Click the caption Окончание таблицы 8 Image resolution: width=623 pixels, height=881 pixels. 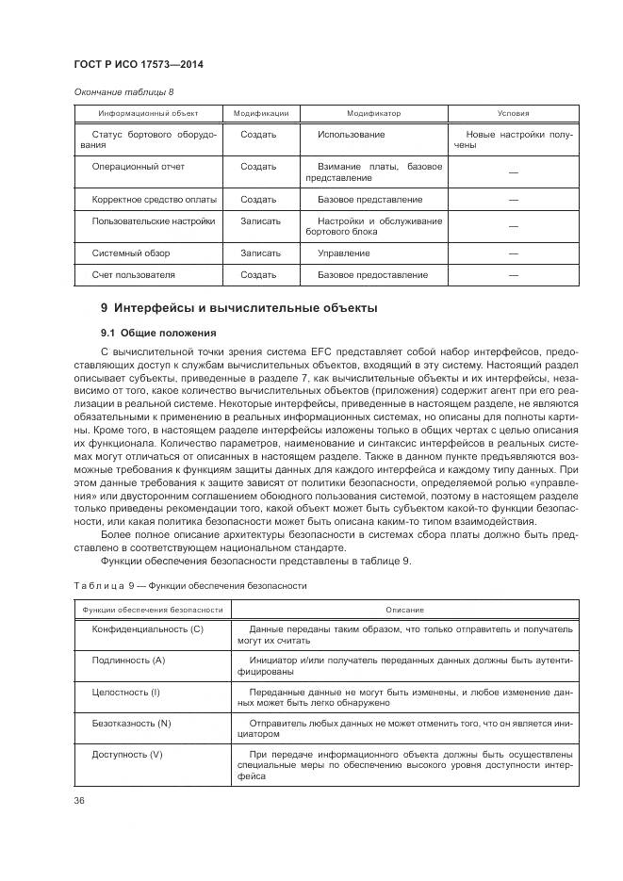click(123, 91)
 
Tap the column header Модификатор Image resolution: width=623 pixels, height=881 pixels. click(373, 113)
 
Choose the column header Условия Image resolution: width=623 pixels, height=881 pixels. click(513, 113)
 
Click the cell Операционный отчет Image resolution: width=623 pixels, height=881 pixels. click(138, 167)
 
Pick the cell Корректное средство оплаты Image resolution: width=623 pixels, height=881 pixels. click(154, 200)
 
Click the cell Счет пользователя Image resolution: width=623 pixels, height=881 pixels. click(133, 275)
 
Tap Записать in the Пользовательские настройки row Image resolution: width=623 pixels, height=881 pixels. click(260, 220)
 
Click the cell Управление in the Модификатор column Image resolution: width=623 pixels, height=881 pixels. click(343, 253)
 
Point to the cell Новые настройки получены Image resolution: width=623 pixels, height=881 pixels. click(513, 140)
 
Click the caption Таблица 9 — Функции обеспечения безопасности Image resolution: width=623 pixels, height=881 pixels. click(189, 585)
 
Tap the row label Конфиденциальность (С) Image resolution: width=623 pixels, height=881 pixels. click(147, 628)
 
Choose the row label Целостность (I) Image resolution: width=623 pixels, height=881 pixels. click(126, 693)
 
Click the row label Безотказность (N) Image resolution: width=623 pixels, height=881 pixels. click(131, 723)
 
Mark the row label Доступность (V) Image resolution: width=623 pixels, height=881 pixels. click(127, 755)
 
